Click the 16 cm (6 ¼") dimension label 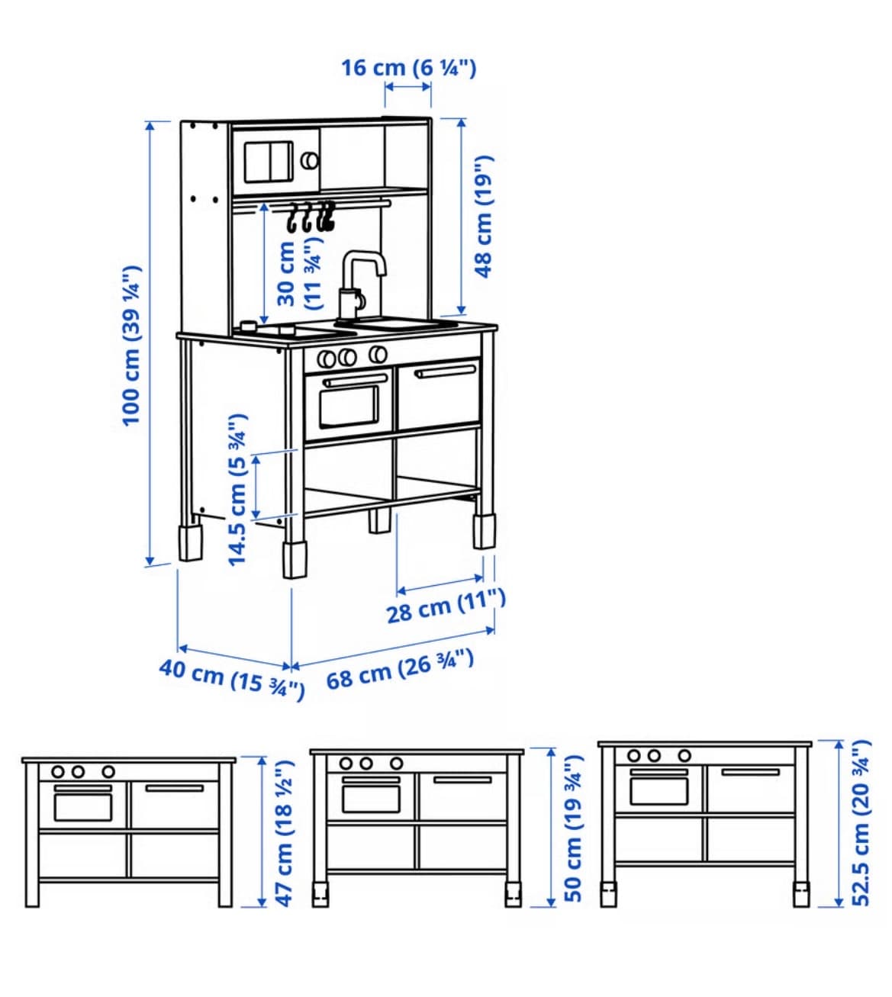[x=408, y=68]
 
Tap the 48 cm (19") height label [x=483, y=217]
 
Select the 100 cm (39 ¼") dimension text [x=131, y=345]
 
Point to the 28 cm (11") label [x=446, y=606]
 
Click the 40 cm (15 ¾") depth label [x=232, y=679]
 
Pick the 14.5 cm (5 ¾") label [x=237, y=490]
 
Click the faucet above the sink [x=360, y=285]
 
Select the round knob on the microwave [x=309, y=160]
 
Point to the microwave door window [x=269, y=162]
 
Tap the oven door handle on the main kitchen [x=356, y=381]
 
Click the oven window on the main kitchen [x=349, y=407]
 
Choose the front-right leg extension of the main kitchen [x=485, y=532]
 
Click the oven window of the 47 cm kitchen [x=83, y=807]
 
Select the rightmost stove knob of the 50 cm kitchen [x=397, y=764]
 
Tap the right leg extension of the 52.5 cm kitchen [x=801, y=894]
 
